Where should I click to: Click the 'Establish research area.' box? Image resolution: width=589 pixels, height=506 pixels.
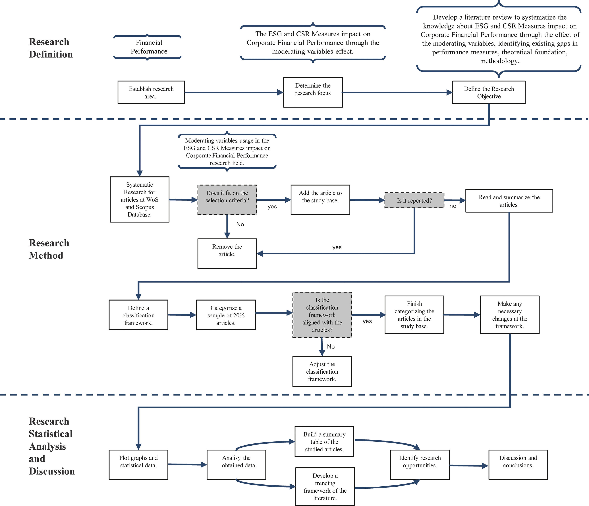[x=151, y=92]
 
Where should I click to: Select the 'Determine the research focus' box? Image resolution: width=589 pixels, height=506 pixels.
[x=313, y=92]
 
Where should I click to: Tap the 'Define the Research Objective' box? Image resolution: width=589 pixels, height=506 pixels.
[x=489, y=92]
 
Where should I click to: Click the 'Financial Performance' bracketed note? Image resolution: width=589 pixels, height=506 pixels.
[x=147, y=47]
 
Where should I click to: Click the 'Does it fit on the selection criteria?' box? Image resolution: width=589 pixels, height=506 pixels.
[x=227, y=200]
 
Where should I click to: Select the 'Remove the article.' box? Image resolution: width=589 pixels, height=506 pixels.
[x=227, y=253]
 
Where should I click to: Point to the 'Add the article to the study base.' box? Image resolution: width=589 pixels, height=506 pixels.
[x=320, y=200]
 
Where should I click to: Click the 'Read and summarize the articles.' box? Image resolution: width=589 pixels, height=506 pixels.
[x=509, y=201]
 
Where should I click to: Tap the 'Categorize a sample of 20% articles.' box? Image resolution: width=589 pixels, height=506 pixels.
[x=226, y=315]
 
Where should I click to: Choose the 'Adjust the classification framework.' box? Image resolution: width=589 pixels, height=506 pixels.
[x=322, y=371]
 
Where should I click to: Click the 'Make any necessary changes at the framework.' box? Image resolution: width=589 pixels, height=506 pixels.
[x=509, y=315]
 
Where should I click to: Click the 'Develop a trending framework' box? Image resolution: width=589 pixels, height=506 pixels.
[x=325, y=487]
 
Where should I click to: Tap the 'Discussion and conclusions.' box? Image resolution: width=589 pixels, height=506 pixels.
[x=518, y=465]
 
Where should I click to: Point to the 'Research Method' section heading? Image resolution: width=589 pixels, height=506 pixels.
[x=49, y=249]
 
